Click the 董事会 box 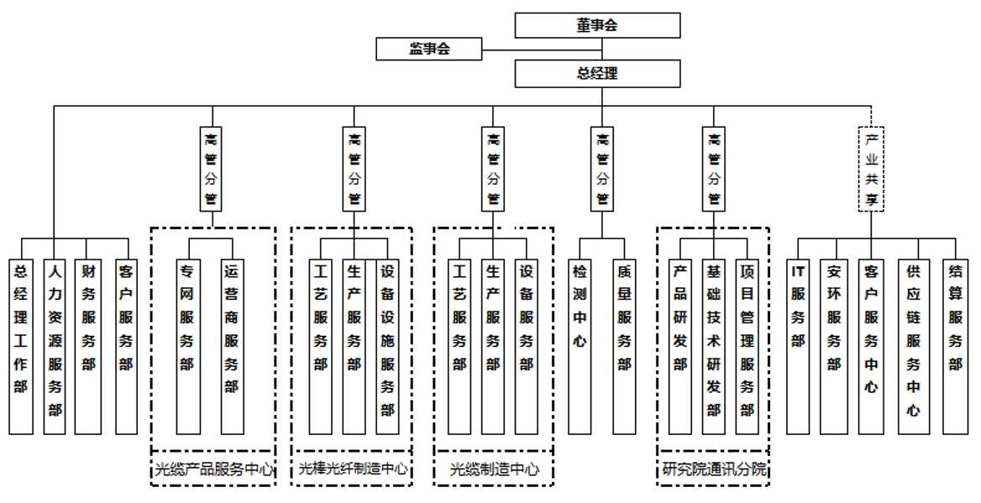click(x=597, y=25)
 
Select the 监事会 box click(x=429, y=49)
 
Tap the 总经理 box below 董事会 click(x=597, y=74)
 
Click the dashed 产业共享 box click(x=871, y=168)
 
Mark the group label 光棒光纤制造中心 click(x=353, y=469)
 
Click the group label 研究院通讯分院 click(x=713, y=469)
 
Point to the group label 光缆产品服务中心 click(x=213, y=469)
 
